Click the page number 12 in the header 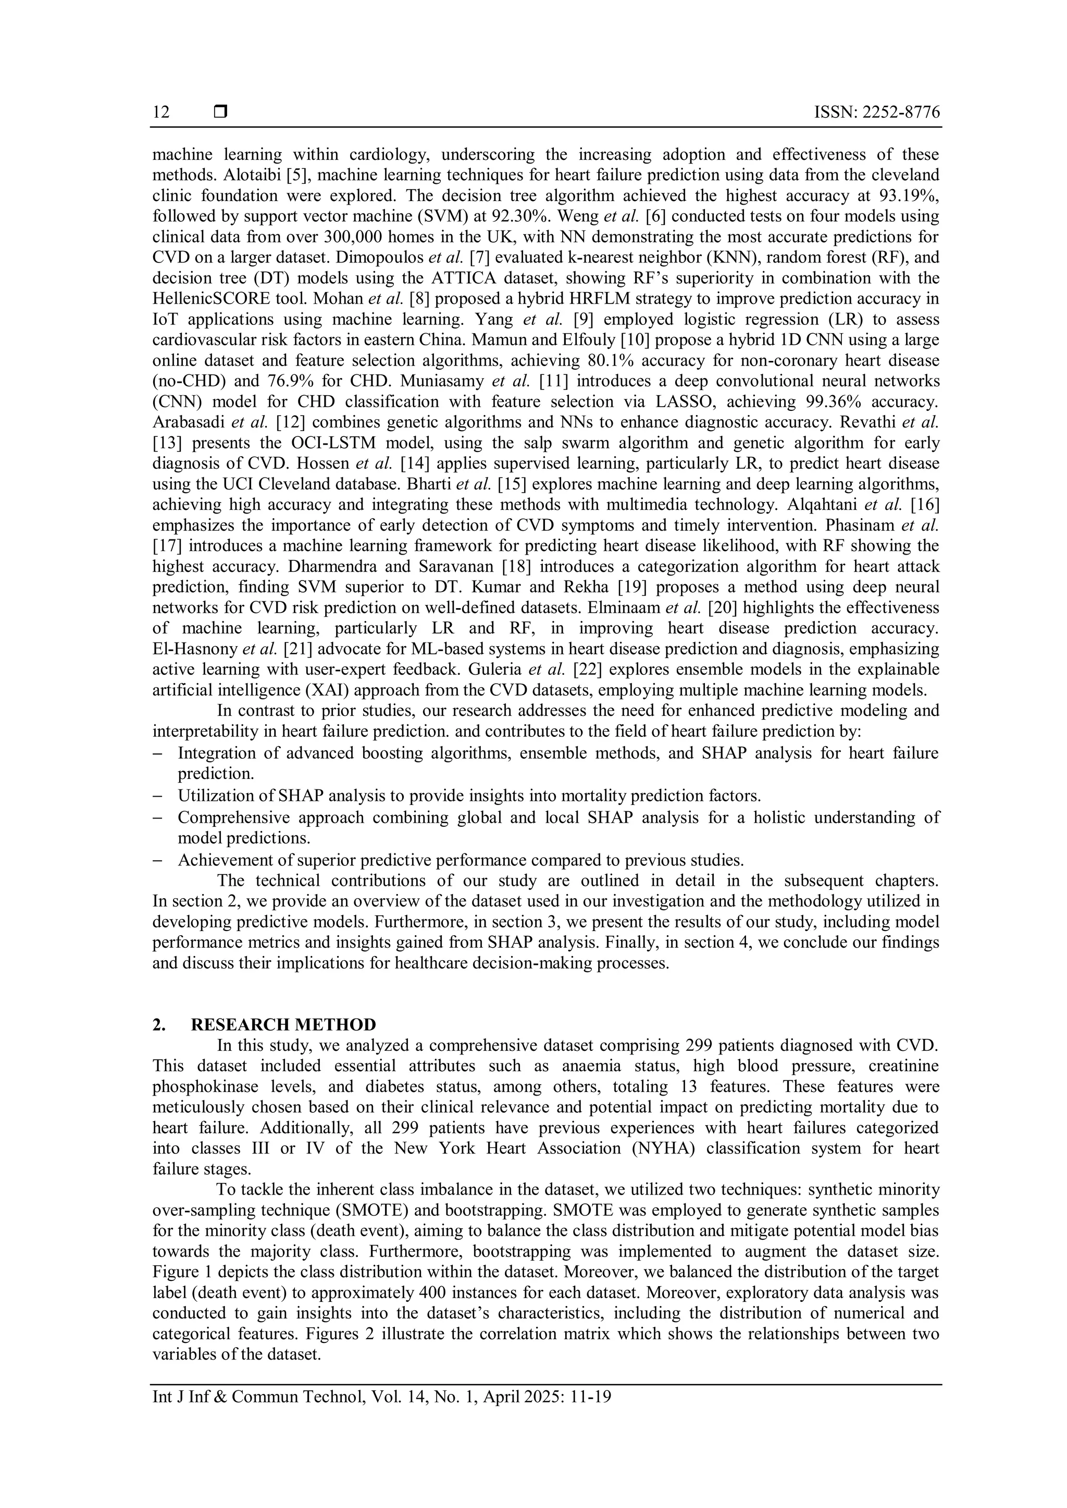[161, 112]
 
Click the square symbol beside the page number [220, 112]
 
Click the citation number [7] [478, 257]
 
